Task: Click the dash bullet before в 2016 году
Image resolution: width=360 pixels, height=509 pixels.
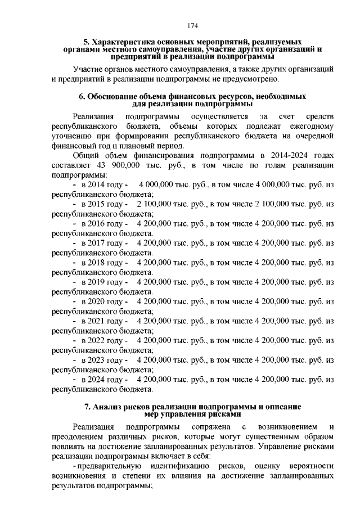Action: [x=75, y=223]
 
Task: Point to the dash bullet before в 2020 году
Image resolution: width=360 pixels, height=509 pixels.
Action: [x=75, y=301]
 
